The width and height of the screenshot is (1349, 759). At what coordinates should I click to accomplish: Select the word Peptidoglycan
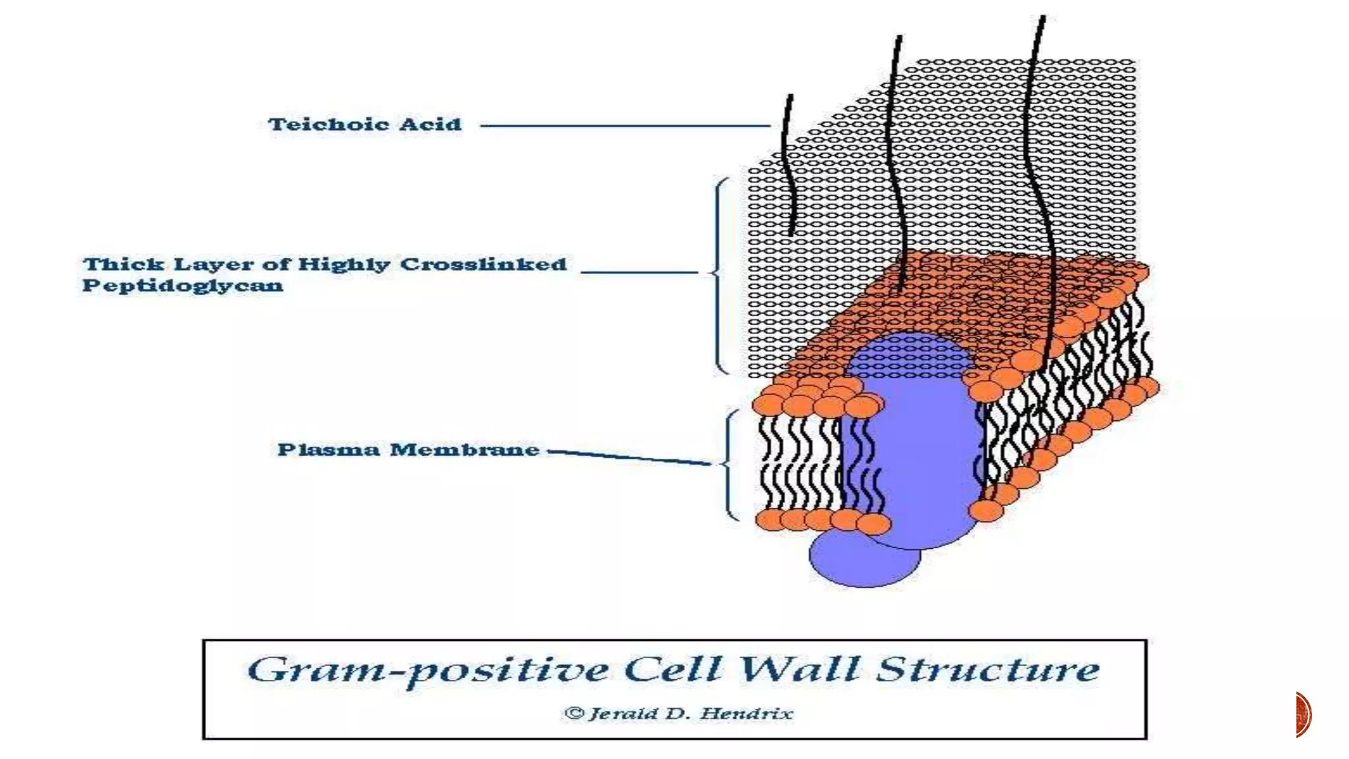click(182, 285)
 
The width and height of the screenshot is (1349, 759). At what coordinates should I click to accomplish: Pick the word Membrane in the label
click(464, 450)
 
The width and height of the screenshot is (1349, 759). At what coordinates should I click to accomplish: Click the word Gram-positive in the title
click(428, 671)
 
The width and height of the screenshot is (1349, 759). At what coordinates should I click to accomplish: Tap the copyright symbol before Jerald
click(574, 714)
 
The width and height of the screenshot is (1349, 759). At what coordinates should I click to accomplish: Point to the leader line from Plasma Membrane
click(629, 457)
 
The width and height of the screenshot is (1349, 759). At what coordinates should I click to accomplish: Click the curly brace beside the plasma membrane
click(729, 464)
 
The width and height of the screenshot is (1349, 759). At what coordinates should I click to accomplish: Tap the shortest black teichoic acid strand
click(788, 165)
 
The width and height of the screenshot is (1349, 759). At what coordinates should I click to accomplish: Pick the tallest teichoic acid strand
click(1039, 165)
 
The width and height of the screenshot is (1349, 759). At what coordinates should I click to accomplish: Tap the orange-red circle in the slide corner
click(1304, 714)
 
